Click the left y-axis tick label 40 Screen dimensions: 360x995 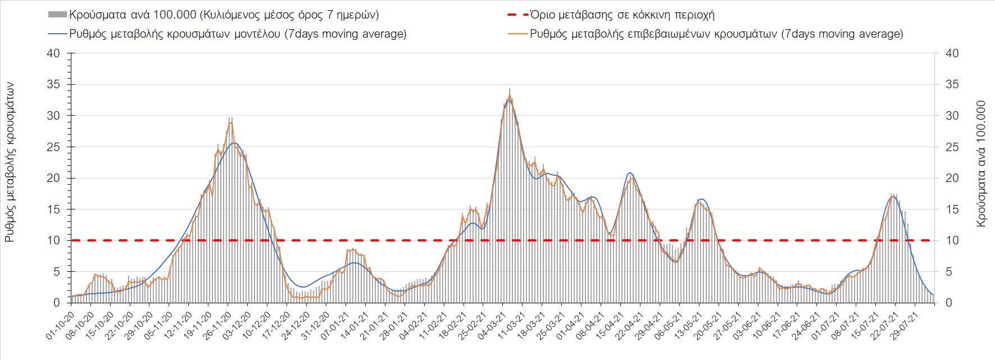pyautogui.click(x=53, y=53)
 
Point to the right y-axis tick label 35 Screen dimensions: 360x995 pyautogui.click(x=952, y=85)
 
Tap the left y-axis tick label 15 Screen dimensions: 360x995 pyautogui.click(x=53, y=209)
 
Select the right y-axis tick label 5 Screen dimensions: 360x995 pyautogui.click(x=949, y=272)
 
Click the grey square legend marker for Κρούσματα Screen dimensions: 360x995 pyautogui.click(x=57, y=15)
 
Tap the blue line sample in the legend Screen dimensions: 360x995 pyautogui.click(x=57, y=34)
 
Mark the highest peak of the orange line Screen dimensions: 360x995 pyautogui.click(x=509, y=95)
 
